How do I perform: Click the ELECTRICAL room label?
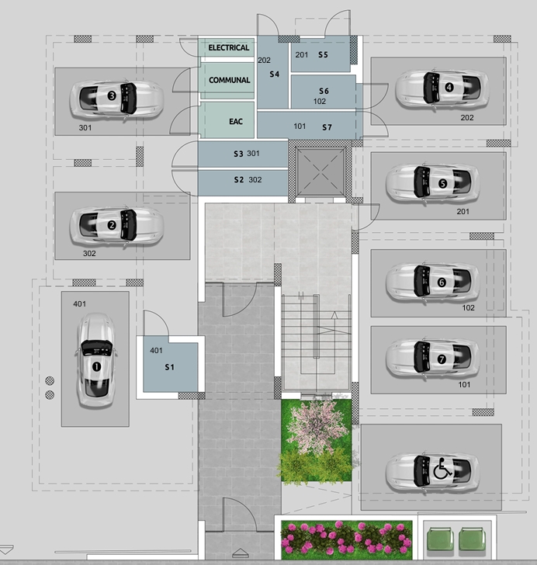[228, 47]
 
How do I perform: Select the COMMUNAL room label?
[229, 80]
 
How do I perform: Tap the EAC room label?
[236, 121]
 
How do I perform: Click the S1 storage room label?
[169, 367]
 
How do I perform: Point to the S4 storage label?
[274, 75]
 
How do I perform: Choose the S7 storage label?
[327, 127]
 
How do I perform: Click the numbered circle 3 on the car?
[112, 95]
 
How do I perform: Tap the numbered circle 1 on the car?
[96, 367]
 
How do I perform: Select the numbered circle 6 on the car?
[442, 282]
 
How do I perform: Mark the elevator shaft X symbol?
[320, 172]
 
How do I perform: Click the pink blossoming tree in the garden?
[316, 425]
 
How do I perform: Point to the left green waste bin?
[440, 539]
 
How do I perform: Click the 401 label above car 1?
[80, 304]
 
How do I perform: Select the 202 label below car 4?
[466, 117]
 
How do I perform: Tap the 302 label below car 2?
[89, 253]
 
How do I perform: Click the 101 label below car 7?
[464, 384]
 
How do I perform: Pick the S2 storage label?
[239, 180]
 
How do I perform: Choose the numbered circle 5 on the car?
[442, 183]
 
